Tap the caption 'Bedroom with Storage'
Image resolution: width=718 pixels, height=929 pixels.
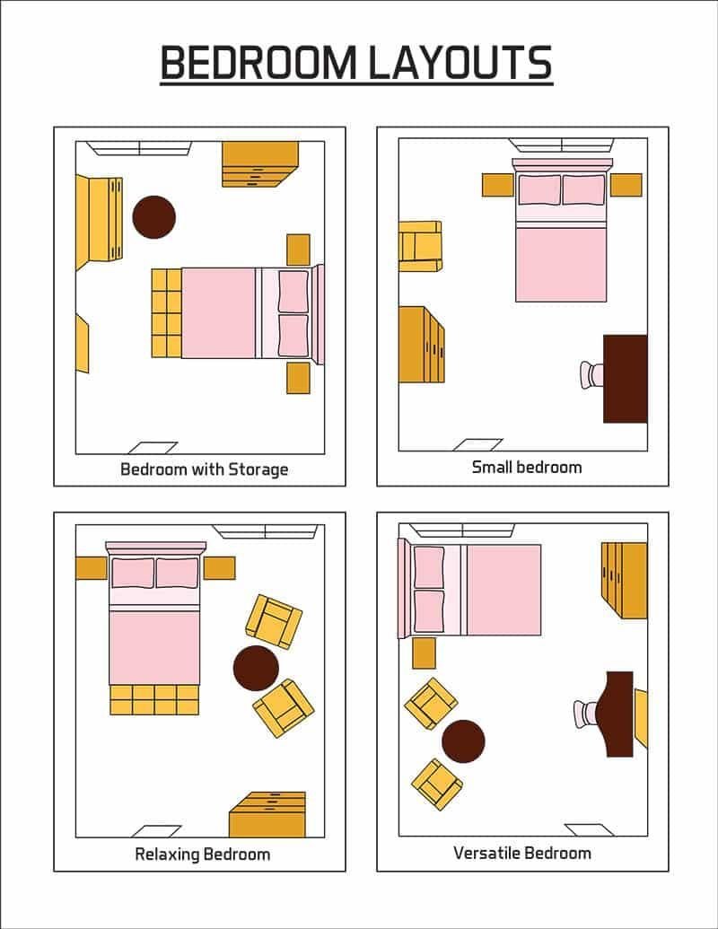click(x=205, y=469)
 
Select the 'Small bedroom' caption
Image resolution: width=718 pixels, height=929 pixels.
click(x=527, y=467)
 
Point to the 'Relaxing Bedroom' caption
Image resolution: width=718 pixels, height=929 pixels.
click(x=202, y=854)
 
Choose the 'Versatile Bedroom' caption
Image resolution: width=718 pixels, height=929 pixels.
click(x=522, y=852)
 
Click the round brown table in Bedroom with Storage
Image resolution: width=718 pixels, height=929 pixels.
click(x=153, y=217)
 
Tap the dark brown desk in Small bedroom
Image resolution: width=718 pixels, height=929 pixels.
click(x=626, y=378)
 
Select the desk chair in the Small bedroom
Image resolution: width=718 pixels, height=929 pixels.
click(x=591, y=374)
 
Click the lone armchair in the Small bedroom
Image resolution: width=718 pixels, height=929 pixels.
click(x=420, y=245)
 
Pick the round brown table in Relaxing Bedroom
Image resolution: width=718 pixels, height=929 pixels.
click(x=256, y=668)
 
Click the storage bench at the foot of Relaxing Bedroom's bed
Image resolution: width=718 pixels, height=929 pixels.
click(x=154, y=699)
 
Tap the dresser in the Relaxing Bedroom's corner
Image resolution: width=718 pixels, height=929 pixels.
click(x=267, y=814)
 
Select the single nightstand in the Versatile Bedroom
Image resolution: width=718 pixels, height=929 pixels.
click(x=424, y=653)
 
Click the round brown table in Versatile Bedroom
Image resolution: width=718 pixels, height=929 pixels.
click(x=463, y=741)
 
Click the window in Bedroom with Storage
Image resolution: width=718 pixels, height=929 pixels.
click(x=139, y=148)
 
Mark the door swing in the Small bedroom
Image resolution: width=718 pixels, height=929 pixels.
click(x=477, y=444)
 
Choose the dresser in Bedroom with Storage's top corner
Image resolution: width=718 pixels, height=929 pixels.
click(x=260, y=164)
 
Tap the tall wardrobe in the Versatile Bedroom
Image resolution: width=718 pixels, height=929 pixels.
click(x=625, y=580)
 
